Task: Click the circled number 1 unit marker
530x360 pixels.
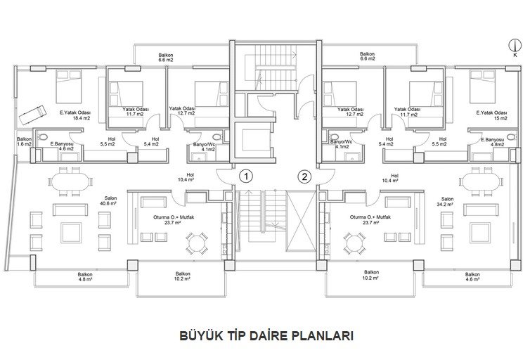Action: tap(246, 176)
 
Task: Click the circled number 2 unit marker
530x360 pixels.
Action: tap(304, 176)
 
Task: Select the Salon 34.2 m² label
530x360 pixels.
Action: tap(447, 202)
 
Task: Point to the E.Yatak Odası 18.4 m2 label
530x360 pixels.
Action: tap(77, 115)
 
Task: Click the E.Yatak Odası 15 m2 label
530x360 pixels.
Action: tap(492, 115)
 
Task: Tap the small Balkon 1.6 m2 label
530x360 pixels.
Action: tap(25, 141)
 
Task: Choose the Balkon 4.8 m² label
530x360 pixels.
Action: tap(85, 277)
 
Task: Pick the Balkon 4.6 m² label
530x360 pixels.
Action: tap(472, 277)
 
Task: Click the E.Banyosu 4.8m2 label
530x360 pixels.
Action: tap(493, 142)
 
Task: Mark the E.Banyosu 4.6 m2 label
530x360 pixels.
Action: tap(62, 146)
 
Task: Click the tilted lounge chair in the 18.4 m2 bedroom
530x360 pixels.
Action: tap(32, 115)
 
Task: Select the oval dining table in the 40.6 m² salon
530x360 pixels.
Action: tap(71, 181)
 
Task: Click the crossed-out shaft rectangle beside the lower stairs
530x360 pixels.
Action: tap(301, 221)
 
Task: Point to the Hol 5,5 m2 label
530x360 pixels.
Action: tap(108, 141)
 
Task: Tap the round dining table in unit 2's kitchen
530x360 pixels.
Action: tap(354, 243)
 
